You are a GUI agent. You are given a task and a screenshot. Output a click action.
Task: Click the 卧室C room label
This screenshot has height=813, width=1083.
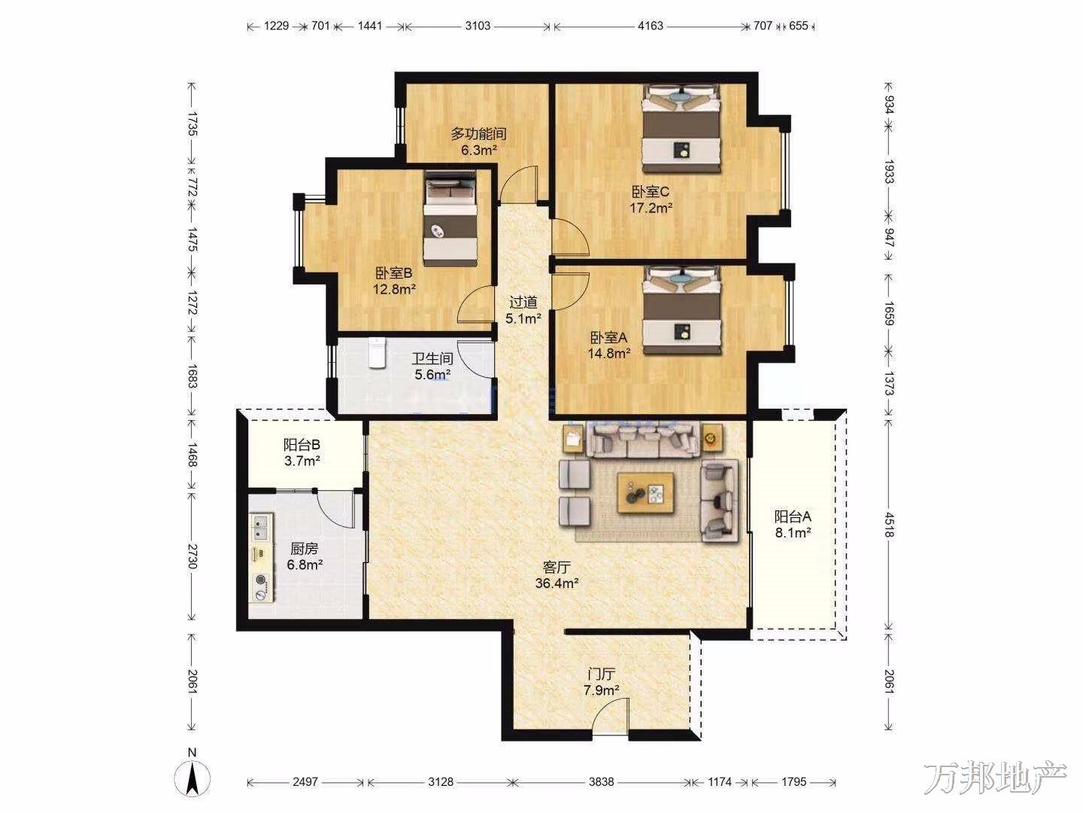[651, 191]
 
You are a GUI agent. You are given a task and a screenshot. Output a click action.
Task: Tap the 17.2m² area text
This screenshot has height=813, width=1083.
[651, 208]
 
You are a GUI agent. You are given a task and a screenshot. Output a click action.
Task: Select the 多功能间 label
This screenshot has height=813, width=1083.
[478, 133]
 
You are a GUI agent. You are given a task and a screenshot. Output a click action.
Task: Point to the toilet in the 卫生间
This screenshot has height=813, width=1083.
[377, 352]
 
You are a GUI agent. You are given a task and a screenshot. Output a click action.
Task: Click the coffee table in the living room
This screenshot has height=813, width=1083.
[646, 492]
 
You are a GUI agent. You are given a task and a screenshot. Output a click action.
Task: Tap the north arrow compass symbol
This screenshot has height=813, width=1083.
[192, 778]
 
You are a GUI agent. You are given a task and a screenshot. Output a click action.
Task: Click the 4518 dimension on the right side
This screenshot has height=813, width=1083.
[889, 524]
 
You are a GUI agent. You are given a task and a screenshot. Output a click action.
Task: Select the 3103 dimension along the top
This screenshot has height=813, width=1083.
[478, 25]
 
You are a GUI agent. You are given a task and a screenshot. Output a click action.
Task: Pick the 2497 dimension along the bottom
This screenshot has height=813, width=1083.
[305, 781]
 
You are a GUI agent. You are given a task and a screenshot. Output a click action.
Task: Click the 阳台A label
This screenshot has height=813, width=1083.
[793, 517]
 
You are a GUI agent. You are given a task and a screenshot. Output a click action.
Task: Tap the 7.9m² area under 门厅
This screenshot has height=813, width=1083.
[601, 690]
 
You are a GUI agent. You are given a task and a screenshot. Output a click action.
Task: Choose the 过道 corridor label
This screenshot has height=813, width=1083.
[523, 302]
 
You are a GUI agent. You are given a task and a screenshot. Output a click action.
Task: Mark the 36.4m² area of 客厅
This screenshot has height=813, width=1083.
[557, 583]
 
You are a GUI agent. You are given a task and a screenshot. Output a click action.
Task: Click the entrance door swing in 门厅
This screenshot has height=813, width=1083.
[611, 717]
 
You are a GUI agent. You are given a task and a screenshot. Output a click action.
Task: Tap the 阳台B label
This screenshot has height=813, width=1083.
[302, 445]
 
